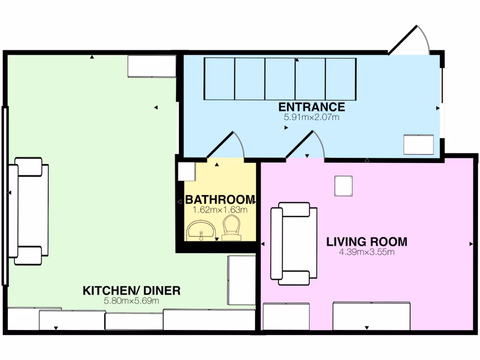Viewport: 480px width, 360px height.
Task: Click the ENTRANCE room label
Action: [312, 107]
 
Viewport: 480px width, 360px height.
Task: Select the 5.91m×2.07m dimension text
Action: [311, 117]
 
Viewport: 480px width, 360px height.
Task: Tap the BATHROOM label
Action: [220, 200]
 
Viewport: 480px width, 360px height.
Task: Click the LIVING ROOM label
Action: [367, 242]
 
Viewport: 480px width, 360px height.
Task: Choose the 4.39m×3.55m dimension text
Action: [367, 252]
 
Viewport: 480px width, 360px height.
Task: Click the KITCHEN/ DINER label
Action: [131, 291]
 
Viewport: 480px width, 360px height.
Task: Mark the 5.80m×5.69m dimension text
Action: [131, 300]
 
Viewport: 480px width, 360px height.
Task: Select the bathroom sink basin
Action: [201, 231]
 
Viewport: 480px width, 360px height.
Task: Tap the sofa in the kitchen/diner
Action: [29, 211]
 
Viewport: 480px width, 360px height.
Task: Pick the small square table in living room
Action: [343, 186]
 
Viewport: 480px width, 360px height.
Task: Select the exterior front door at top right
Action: [409, 40]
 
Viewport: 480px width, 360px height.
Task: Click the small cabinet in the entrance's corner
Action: [419, 144]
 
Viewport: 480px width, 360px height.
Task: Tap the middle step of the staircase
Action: [280, 79]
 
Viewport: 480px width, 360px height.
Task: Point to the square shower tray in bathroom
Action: [187, 172]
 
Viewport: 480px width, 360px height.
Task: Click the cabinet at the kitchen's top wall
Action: [152, 66]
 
